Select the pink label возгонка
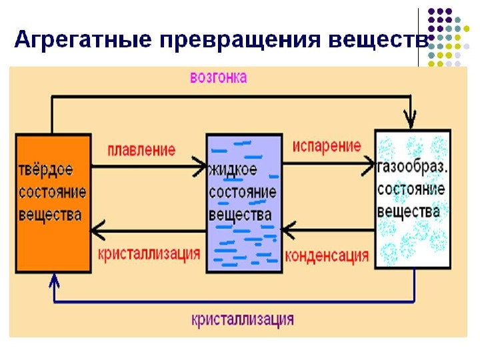[x=218, y=77]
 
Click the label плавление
[x=141, y=149]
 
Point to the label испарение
[x=327, y=146]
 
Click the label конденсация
[x=327, y=255]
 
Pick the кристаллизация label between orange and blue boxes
[x=149, y=254]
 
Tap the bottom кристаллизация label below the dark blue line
[x=243, y=319]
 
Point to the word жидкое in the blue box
[x=233, y=170]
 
